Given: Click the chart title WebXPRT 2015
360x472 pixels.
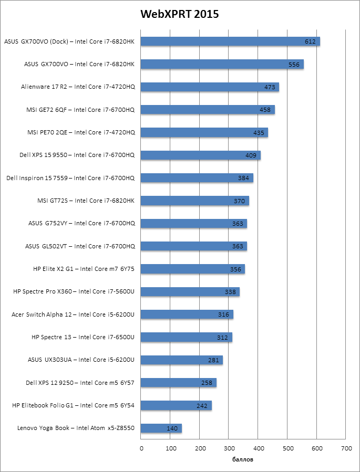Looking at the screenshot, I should [179, 14].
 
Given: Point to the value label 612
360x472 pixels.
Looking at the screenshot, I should [311, 41].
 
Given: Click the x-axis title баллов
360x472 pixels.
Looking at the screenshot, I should [243, 460].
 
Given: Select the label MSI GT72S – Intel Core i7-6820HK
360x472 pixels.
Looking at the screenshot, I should [86, 201].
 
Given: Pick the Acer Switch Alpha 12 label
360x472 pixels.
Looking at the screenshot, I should [73, 314].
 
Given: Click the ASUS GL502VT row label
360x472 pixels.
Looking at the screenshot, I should [80, 246].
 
